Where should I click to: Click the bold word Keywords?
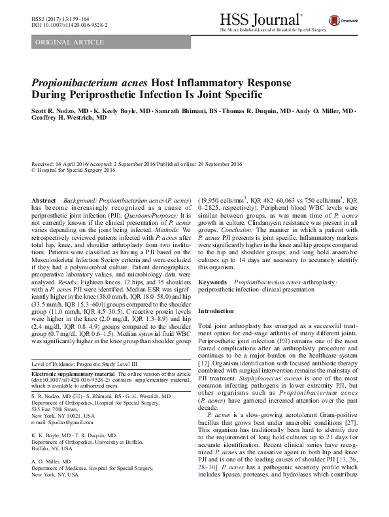(213, 282)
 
